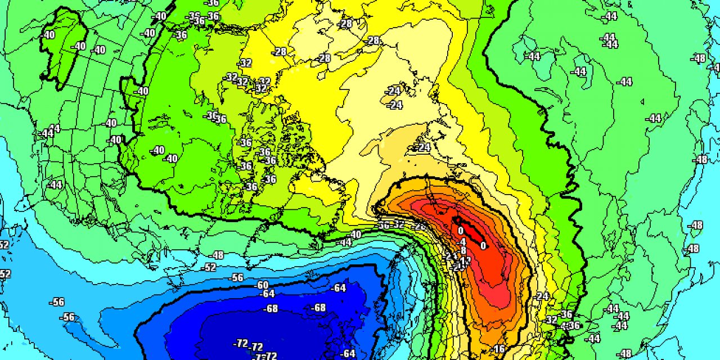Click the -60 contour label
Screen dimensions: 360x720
[262, 285]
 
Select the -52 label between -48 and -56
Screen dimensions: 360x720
[209, 267]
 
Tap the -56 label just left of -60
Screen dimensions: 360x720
[237, 277]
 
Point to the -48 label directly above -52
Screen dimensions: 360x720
[217, 255]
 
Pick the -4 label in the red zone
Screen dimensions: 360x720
[462, 242]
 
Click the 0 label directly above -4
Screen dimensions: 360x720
[460, 231]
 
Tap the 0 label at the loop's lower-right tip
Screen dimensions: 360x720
[483, 245]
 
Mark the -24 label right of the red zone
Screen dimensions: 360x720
[542, 296]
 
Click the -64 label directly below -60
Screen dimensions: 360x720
[268, 294]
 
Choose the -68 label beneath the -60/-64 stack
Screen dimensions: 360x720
[272, 308]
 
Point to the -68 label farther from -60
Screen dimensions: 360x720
[319, 308]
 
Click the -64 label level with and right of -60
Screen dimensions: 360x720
[339, 288]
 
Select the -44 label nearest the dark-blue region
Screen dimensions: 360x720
[345, 242]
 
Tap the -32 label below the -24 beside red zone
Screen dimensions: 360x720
[552, 319]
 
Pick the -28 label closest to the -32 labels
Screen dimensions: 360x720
[280, 52]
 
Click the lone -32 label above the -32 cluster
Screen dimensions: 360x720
[245, 63]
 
